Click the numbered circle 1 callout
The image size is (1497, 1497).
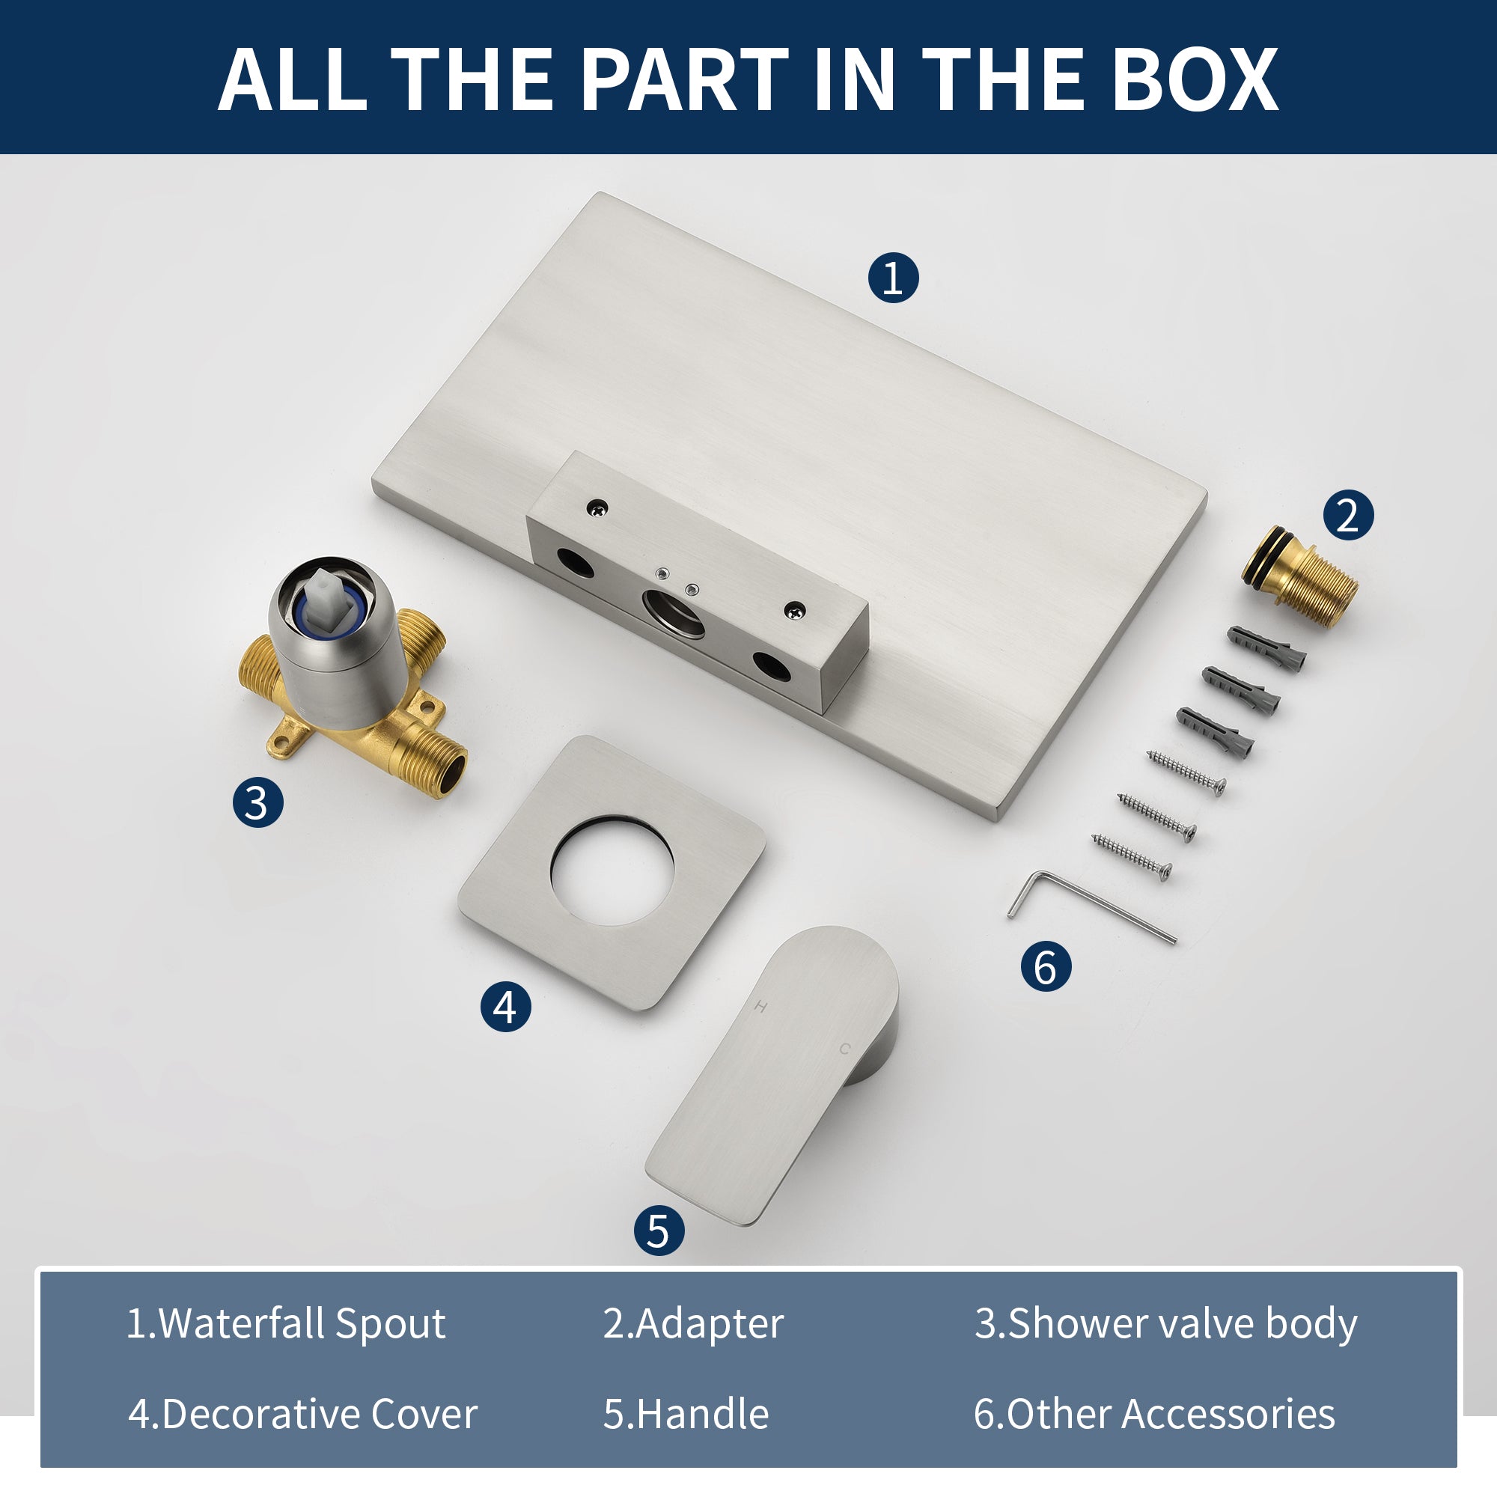893,278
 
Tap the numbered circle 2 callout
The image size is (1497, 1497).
1347,514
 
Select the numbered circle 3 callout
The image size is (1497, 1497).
257,802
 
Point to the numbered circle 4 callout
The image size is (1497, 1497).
505,1007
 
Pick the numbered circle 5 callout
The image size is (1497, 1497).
659,1231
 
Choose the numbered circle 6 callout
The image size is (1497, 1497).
1046,966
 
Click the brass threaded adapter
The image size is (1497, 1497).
1299,575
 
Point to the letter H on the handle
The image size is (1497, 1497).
761,1007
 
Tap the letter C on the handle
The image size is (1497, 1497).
844,1049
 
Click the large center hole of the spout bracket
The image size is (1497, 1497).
674,613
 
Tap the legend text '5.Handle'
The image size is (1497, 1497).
686,1414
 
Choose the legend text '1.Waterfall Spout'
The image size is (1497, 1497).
286,1323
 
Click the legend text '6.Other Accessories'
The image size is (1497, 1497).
1154,1414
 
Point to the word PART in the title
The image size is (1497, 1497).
685,79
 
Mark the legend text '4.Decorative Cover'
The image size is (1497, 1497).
302,1414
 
